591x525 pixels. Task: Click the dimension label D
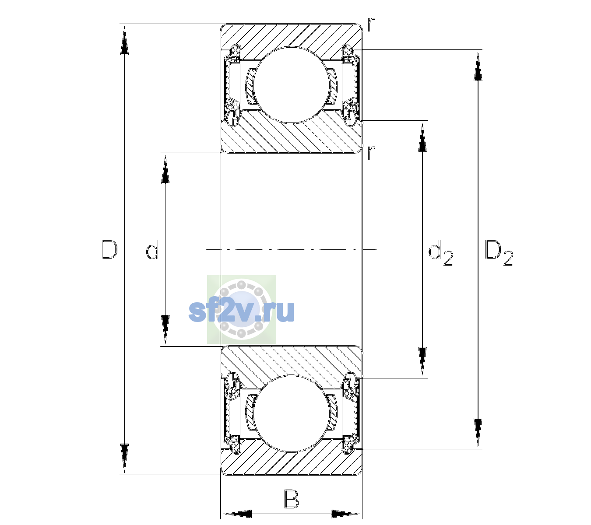tap(109, 250)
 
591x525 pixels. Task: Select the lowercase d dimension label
tap(152, 250)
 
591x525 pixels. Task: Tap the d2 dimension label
tap(441, 253)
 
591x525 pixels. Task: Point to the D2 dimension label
tap(499, 253)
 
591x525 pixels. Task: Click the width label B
tap(292, 499)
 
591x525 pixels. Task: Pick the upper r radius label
tap(371, 24)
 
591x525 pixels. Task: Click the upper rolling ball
tap(291, 85)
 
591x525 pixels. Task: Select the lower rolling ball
tap(291, 414)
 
